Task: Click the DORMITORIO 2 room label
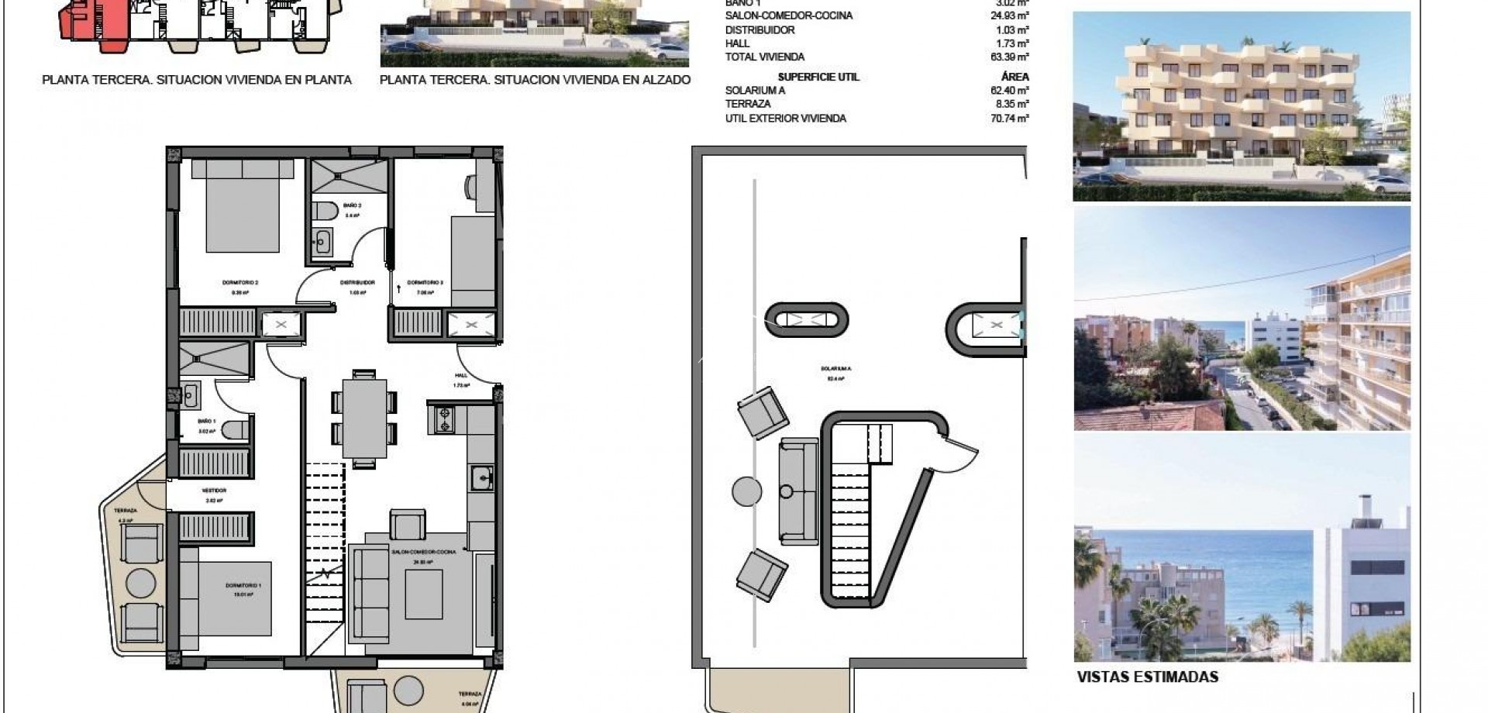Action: click(x=239, y=283)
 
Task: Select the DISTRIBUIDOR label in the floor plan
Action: click(x=357, y=283)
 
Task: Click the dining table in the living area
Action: click(x=364, y=418)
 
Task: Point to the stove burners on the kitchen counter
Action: click(x=446, y=419)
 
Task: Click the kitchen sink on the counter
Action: click(x=481, y=477)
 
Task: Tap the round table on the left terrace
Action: click(x=140, y=583)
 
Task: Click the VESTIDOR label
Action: click(x=214, y=491)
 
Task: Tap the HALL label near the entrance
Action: click(x=461, y=375)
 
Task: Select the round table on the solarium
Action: click(x=747, y=491)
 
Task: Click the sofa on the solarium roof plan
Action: click(x=798, y=491)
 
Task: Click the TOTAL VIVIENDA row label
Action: click(x=764, y=57)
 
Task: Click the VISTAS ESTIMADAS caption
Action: click(x=1147, y=677)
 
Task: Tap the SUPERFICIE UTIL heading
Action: click(x=818, y=77)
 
